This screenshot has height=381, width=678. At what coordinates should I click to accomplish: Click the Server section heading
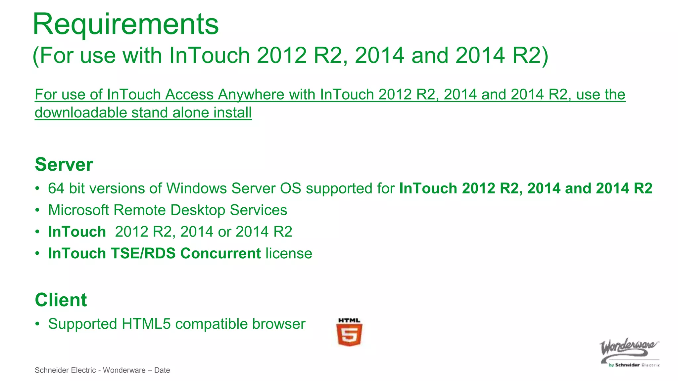click(x=64, y=164)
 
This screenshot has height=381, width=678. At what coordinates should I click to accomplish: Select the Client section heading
click(x=61, y=300)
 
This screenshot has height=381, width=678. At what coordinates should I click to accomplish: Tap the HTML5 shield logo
click(x=349, y=334)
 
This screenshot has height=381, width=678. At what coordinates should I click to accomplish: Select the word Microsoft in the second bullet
click(x=78, y=210)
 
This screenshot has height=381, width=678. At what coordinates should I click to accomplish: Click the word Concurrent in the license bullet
click(x=220, y=253)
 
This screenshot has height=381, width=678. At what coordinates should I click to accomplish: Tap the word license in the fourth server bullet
click(x=289, y=253)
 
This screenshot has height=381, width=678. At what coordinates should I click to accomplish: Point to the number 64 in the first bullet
click(x=56, y=189)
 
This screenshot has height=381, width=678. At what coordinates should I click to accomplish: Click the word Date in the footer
click(x=162, y=370)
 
